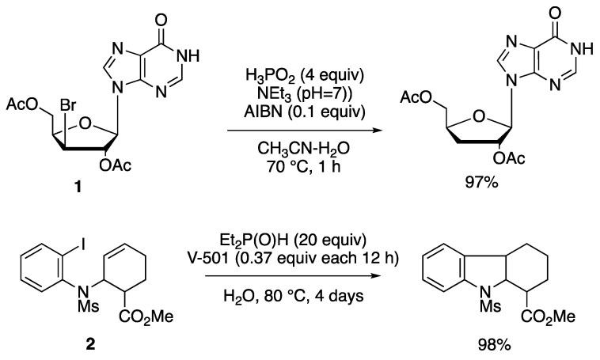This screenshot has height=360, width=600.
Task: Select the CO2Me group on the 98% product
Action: tap(546, 320)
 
